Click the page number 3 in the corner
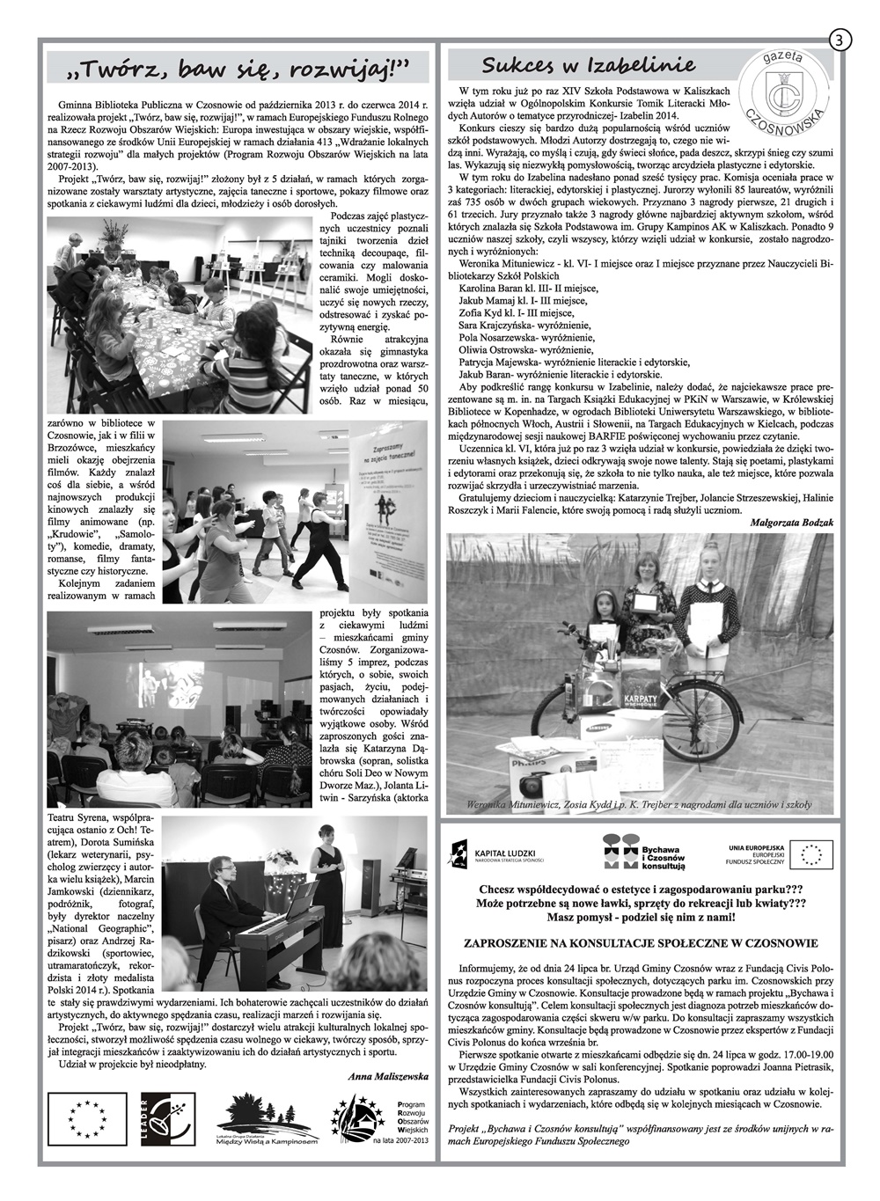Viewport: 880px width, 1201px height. (839, 40)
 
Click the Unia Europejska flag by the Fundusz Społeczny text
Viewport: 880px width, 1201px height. (812, 853)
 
